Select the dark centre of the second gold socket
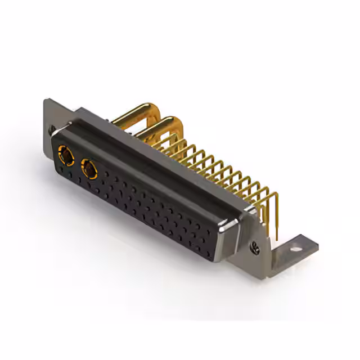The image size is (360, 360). point(89,168)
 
